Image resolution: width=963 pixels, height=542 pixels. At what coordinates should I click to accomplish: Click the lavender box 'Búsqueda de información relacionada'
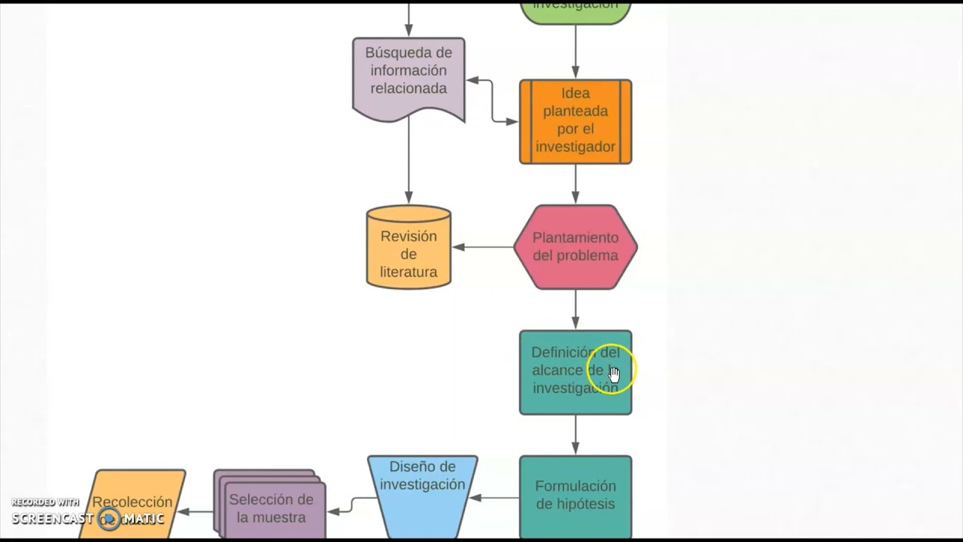coord(409,75)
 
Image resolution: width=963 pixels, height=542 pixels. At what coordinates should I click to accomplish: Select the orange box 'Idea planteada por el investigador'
coord(576,120)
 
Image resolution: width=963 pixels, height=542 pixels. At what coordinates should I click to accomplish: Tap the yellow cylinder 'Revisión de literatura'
coord(409,248)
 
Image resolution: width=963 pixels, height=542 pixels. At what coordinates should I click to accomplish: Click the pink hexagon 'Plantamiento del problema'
coord(576,247)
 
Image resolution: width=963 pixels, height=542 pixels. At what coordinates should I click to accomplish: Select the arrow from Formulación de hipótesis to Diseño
coord(495,498)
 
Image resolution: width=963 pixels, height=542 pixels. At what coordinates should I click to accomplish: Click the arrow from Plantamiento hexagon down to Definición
coord(576,309)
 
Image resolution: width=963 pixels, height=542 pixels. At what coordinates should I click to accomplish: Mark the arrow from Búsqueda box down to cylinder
coord(409,162)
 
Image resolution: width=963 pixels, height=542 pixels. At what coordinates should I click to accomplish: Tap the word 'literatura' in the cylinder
coord(409,272)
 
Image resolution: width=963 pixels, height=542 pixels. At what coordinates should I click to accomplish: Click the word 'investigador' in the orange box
coord(576,147)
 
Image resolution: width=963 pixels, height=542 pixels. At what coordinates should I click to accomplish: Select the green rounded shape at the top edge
coord(576,9)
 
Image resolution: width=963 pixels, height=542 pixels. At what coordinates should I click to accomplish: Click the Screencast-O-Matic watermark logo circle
coord(109,519)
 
